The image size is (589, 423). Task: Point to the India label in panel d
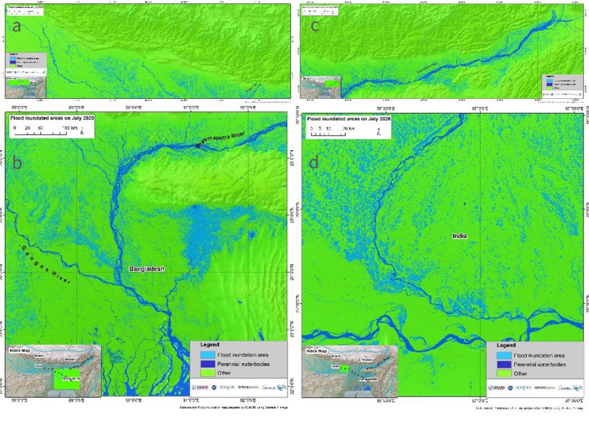tap(460, 236)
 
